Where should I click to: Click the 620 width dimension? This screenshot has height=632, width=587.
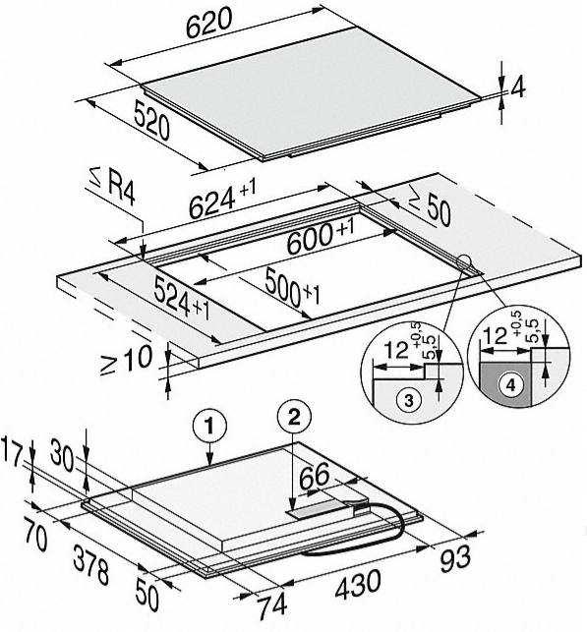tap(209, 23)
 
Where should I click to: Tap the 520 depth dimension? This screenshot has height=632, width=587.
tap(151, 121)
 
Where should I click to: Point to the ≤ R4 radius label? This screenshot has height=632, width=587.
tap(112, 189)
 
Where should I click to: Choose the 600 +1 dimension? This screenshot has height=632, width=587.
tap(321, 237)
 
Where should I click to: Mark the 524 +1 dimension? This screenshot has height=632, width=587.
tap(182, 298)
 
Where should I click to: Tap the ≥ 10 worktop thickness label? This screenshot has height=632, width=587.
tap(126, 360)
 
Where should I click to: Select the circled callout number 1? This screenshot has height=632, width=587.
tap(209, 426)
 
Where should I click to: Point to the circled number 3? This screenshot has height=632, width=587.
tap(408, 401)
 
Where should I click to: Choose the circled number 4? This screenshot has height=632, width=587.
tap(510, 385)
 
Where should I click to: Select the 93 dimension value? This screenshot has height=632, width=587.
tap(455, 558)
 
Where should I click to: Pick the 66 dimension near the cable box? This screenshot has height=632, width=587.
tap(314, 475)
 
